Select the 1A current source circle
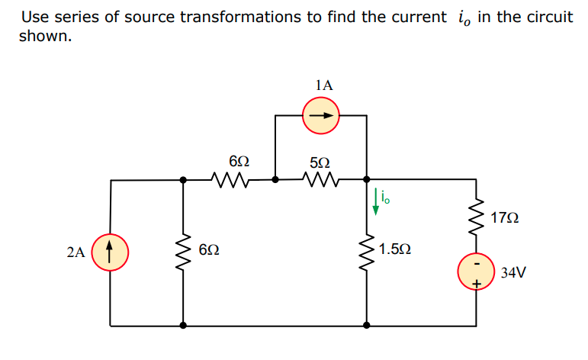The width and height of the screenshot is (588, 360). click(321, 117)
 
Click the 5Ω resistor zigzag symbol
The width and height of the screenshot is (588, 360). click(320, 181)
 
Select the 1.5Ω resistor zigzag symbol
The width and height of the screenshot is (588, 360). click(368, 249)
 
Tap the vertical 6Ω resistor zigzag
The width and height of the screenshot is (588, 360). click(182, 250)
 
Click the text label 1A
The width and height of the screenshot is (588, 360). click(323, 85)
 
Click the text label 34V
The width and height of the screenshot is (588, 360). click(514, 272)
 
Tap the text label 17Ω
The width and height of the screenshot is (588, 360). click(505, 219)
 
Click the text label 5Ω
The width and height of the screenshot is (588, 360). click(320, 162)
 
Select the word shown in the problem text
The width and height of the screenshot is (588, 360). click(45, 36)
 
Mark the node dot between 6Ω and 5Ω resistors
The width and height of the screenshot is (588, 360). click(275, 181)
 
